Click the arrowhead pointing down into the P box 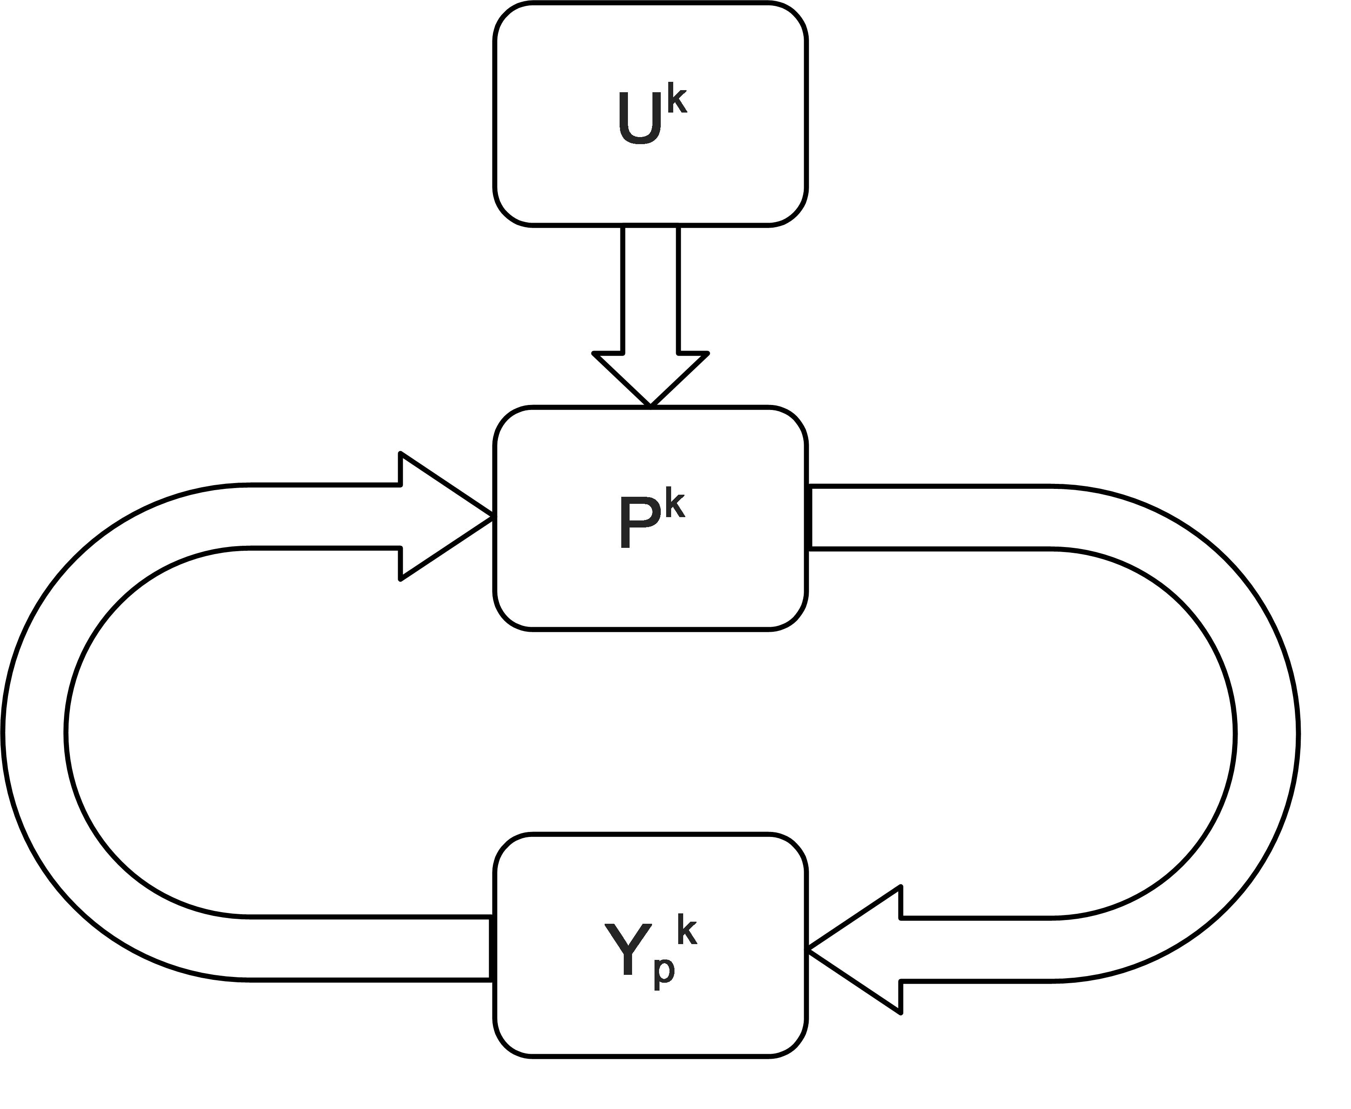tap(650, 377)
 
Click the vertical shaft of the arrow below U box tap(650, 287)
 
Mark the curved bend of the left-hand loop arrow tap(35, 735)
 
